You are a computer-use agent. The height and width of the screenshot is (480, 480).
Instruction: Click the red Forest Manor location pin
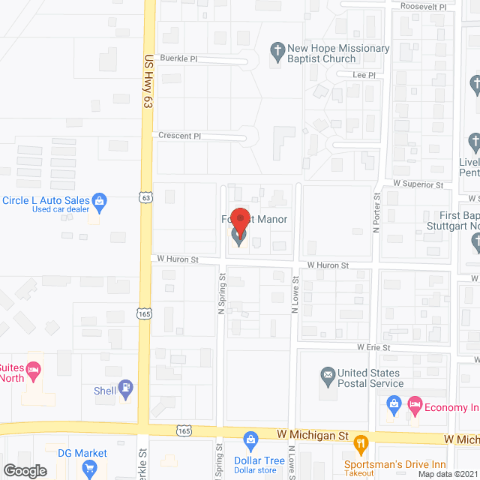[x=240, y=221]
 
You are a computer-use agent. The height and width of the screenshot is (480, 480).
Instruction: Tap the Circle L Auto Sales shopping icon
[x=98, y=201]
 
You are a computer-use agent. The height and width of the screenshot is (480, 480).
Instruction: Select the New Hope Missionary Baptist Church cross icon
[x=277, y=52]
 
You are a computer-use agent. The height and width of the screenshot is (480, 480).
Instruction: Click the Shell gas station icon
[x=127, y=389]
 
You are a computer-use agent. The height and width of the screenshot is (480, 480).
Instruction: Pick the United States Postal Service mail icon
[x=327, y=374]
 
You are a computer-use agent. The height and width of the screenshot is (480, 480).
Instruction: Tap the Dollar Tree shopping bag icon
[x=251, y=439]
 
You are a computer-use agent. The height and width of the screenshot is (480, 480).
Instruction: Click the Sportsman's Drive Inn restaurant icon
[x=361, y=442]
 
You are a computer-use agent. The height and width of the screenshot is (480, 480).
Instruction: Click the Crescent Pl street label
[x=179, y=136]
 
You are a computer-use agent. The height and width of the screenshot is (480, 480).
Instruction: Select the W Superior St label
[x=418, y=184]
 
